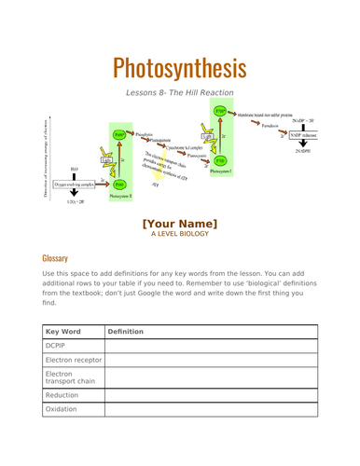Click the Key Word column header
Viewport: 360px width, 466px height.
pos(63,331)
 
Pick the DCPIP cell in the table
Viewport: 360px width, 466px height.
pos(58,347)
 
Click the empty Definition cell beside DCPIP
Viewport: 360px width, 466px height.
pos(211,347)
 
